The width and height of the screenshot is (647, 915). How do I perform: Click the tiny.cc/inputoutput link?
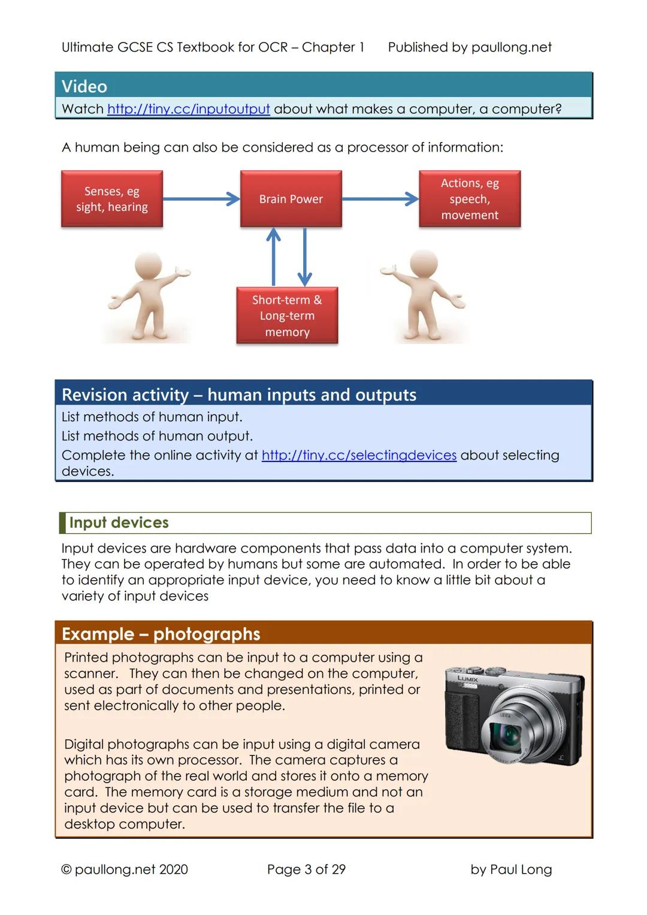pos(188,109)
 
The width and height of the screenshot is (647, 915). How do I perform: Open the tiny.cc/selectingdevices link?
pos(359,455)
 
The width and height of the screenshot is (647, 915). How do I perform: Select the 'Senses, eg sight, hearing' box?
pos(112,199)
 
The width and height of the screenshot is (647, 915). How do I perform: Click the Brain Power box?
pos(291,199)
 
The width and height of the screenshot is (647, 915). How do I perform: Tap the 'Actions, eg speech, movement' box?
pos(470,199)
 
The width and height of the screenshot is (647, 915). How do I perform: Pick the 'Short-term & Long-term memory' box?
pos(287,316)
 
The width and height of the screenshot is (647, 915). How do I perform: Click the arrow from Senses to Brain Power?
pos(201,199)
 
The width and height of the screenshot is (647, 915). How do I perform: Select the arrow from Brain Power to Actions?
pos(380,199)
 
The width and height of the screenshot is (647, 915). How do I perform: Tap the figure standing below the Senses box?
pos(147,297)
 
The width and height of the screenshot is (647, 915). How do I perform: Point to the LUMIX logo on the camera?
pos(468,679)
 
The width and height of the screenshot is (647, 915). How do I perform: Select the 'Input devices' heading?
pos(119,523)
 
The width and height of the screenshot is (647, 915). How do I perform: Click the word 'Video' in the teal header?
pos(84,86)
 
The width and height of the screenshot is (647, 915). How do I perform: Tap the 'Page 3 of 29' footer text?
pos(306,869)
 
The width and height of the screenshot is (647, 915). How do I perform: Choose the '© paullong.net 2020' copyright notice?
pos(125,869)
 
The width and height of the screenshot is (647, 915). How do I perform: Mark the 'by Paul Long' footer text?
pos(511,869)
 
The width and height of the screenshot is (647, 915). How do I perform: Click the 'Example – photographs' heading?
pos(161,634)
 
